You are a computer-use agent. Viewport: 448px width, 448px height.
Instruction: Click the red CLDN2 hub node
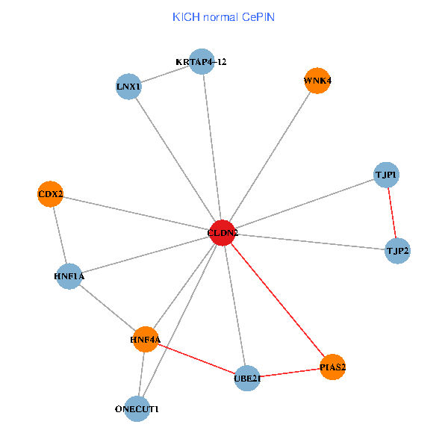click(x=223, y=233)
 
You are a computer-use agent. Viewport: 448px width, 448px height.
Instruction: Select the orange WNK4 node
click(x=317, y=81)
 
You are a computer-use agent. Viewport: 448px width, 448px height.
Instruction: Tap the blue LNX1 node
click(x=129, y=87)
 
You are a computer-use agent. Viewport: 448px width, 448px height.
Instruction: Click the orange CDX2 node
click(x=51, y=195)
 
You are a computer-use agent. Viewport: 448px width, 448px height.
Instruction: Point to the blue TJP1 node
click(x=386, y=175)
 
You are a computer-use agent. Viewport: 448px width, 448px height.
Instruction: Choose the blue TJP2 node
click(x=397, y=250)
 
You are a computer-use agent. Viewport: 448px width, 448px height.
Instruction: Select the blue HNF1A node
click(x=69, y=276)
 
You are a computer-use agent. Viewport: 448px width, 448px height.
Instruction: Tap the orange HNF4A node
click(x=146, y=340)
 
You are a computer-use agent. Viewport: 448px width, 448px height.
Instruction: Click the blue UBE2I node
click(x=247, y=378)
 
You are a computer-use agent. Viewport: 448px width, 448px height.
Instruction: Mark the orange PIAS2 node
click(x=333, y=367)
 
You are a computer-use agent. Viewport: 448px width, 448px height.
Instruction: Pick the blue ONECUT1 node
click(x=137, y=409)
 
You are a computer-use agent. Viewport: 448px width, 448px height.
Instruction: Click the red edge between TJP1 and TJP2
click(x=391, y=213)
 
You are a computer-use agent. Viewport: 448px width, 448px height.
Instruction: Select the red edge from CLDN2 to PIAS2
click(x=278, y=300)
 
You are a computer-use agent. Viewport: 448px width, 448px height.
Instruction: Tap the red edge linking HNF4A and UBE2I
click(x=196, y=359)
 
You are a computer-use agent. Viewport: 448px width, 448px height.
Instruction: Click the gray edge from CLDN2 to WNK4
click(x=270, y=157)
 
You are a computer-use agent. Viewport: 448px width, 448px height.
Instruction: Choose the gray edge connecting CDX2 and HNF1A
click(x=60, y=235)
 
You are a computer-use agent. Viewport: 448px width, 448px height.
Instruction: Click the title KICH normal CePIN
click(x=223, y=16)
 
